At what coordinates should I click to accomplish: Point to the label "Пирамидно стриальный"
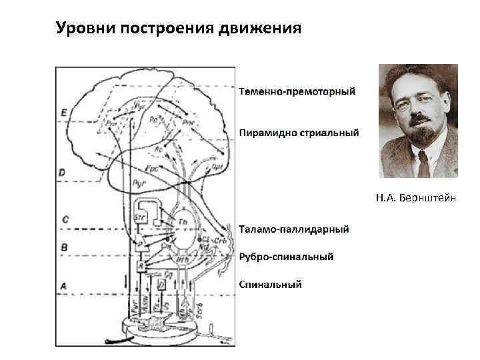(x=299, y=132)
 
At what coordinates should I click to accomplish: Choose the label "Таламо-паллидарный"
(x=294, y=229)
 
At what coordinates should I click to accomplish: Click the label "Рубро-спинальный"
(x=287, y=257)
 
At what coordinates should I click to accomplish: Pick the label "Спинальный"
(x=271, y=285)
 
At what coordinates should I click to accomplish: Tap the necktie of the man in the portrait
(x=423, y=163)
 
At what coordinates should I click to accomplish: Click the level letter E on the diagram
(x=63, y=113)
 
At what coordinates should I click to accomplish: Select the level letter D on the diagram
(x=62, y=172)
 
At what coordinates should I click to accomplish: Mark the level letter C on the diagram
(x=65, y=219)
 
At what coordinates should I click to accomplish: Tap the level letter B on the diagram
(x=64, y=247)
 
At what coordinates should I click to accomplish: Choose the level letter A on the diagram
(x=63, y=286)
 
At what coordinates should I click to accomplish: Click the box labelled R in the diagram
(x=141, y=266)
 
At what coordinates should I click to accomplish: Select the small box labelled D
(x=161, y=285)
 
